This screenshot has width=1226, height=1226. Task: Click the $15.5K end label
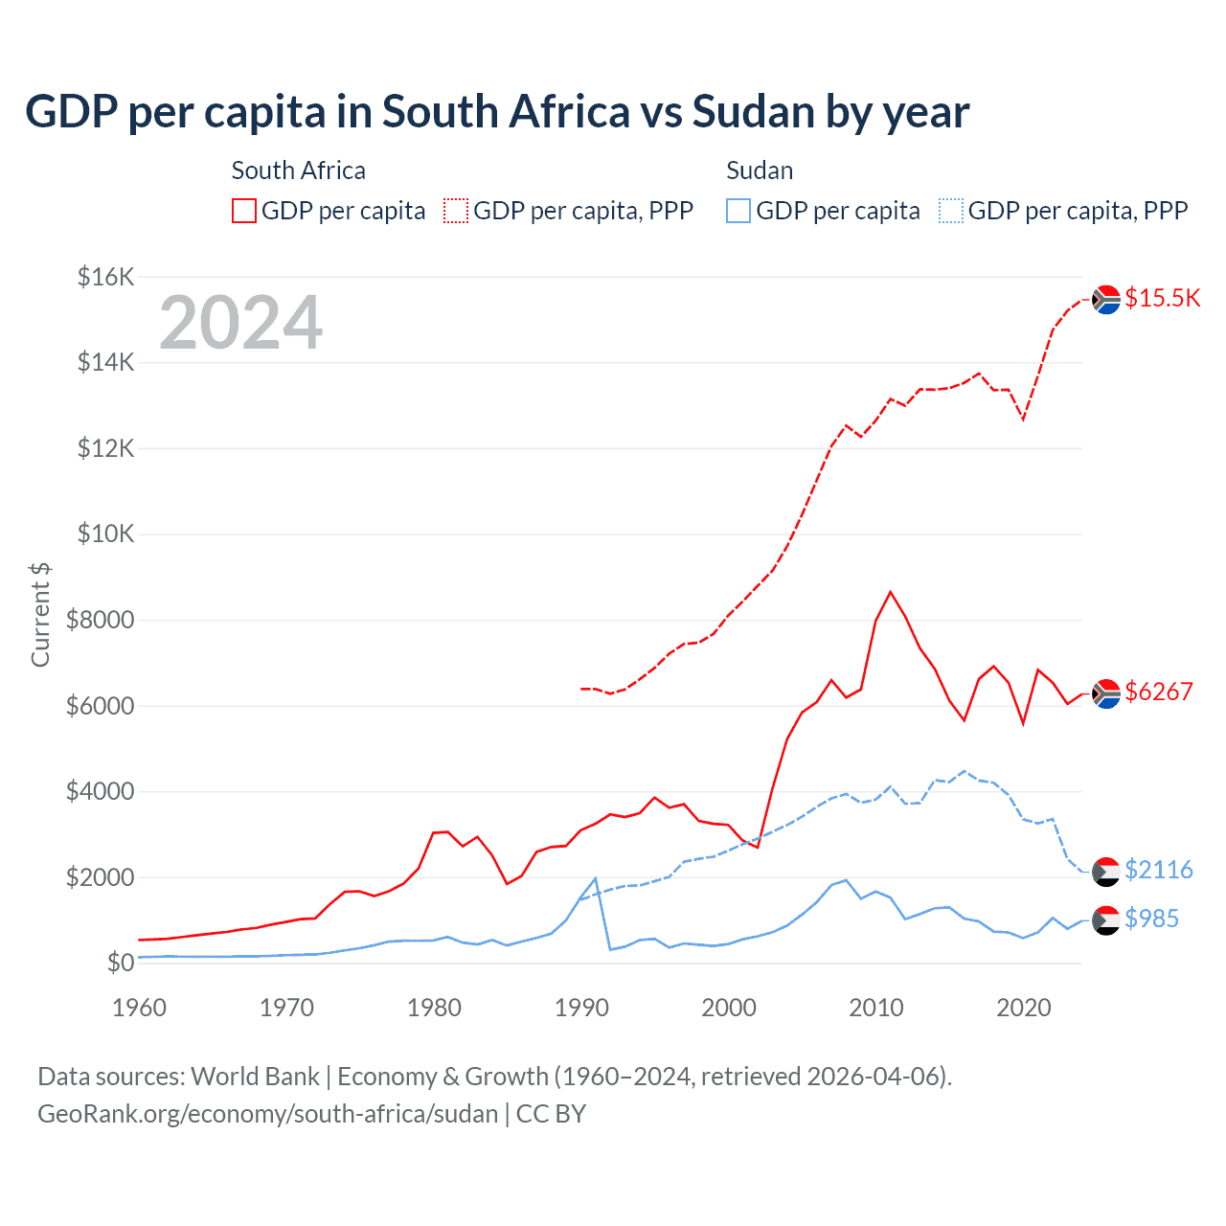point(1162,298)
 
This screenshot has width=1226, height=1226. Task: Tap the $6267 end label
point(1158,692)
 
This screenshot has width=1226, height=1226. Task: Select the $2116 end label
point(1158,870)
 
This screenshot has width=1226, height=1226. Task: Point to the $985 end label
point(1151,919)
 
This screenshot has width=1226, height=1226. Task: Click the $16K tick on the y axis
point(106,277)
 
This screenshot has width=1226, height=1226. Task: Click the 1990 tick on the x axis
point(581,1008)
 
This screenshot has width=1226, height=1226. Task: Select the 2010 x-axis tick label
point(876,1008)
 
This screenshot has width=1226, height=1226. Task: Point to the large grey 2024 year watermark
point(240,323)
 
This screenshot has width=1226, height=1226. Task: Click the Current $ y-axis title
point(40,615)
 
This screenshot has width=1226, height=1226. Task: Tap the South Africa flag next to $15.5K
point(1106,300)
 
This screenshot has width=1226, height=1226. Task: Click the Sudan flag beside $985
point(1106,919)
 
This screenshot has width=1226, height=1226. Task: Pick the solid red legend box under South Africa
point(244,211)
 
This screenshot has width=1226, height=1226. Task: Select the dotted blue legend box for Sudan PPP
point(951,211)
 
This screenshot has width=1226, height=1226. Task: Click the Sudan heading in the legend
point(760,170)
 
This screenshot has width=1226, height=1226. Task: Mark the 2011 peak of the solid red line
point(891,592)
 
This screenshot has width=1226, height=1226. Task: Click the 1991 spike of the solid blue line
point(596,878)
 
